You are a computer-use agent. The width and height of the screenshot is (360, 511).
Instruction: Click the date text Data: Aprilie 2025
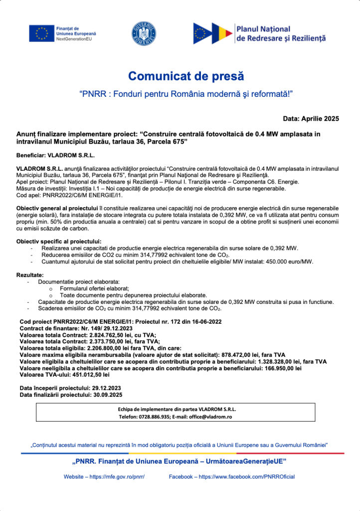311,118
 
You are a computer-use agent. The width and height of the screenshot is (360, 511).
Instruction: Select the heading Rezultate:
30,275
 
